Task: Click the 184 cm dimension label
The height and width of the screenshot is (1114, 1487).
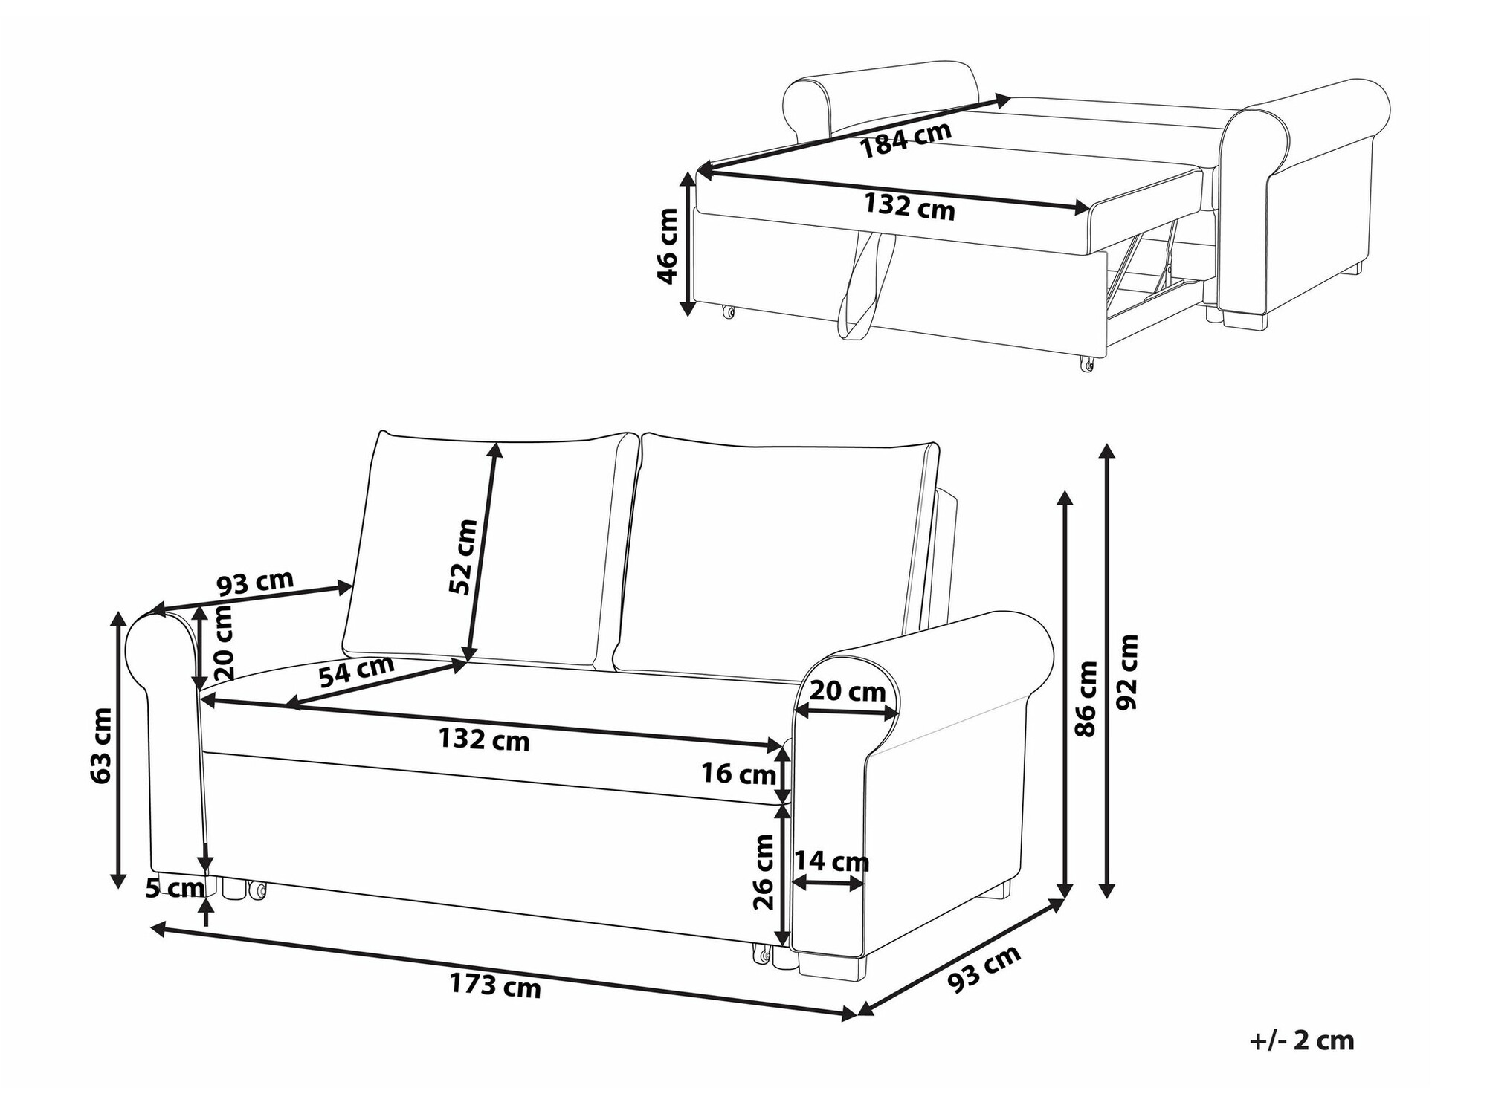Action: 906,140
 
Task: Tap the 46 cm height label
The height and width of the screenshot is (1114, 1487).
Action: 668,246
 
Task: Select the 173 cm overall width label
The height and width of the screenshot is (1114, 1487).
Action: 495,985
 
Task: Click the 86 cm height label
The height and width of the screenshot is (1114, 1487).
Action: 1086,699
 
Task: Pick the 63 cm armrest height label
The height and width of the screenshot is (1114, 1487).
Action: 100,745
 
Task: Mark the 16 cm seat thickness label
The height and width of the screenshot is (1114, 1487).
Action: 738,774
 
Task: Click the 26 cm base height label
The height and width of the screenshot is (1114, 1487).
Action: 764,872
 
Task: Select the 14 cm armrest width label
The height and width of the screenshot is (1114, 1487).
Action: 831,862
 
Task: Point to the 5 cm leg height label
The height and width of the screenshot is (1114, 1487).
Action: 175,888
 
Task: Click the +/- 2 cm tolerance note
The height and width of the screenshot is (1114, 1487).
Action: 1302,1040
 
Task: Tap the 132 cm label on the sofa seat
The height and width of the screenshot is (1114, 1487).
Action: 484,740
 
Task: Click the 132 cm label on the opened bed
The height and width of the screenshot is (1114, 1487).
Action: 909,206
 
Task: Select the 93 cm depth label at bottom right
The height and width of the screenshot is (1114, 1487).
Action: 984,970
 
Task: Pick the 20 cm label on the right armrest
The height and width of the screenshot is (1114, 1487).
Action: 847,692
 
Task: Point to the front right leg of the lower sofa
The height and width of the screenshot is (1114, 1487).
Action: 833,966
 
